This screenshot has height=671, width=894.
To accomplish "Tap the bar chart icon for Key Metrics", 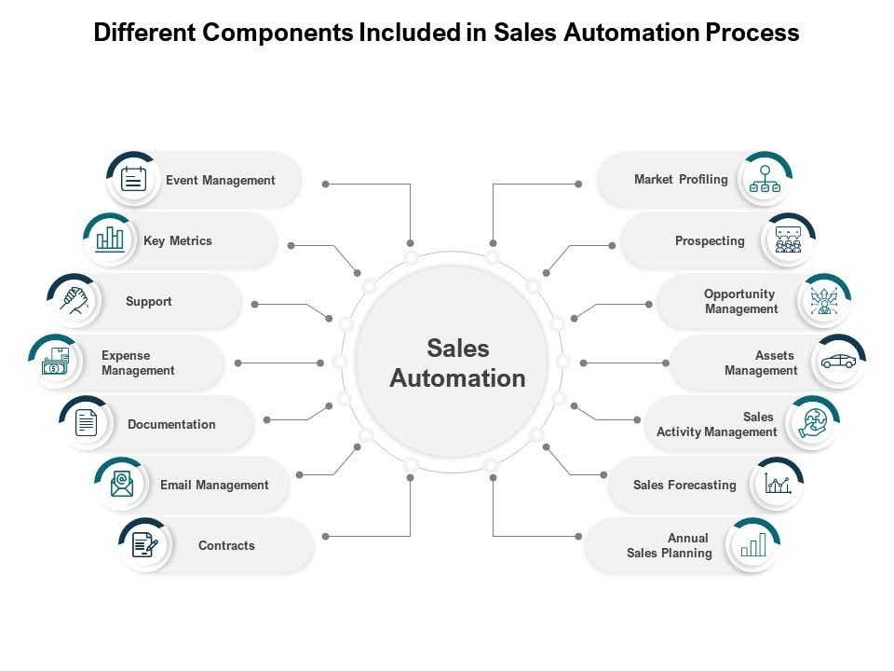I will pyautogui.click(x=110, y=240).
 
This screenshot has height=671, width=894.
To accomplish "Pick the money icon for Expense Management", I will pyautogui.click(x=55, y=362).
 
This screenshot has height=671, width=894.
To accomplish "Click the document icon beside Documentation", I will pyautogui.click(x=87, y=423).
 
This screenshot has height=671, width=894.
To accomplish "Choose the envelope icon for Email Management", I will pyautogui.click(x=122, y=484).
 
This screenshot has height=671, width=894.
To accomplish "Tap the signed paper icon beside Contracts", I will pyautogui.click(x=145, y=544).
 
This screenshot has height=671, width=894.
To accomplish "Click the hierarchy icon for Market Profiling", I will pyautogui.click(x=765, y=179).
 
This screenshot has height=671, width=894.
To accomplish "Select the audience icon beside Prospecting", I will pyautogui.click(x=788, y=240).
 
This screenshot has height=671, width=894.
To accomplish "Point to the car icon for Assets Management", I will pyautogui.click(x=837, y=362).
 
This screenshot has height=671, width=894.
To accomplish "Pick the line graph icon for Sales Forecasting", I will pyautogui.click(x=778, y=484).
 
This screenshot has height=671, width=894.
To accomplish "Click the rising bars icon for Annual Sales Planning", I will pyautogui.click(x=753, y=544).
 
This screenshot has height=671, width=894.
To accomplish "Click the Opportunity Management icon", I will pyautogui.click(x=824, y=301).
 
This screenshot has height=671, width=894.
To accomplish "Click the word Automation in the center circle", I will pyautogui.click(x=457, y=378).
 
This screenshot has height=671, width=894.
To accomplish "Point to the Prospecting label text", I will pyautogui.click(x=710, y=240).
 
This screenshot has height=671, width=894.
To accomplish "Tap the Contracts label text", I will pyautogui.click(x=226, y=545).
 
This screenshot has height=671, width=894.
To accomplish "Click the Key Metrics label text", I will pyautogui.click(x=178, y=240).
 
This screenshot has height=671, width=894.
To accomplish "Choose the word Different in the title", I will pyautogui.click(x=145, y=34).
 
